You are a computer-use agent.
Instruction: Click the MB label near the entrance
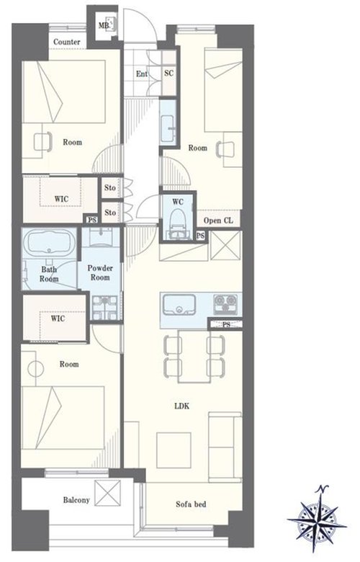click(104, 26)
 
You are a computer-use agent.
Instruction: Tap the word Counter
click(67, 42)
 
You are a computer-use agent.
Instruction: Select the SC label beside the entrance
click(168, 73)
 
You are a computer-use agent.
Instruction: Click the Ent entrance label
click(142, 73)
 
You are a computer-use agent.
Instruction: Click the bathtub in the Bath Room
click(49, 242)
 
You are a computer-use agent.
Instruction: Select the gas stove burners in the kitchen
click(225, 303)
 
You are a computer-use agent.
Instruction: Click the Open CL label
click(218, 220)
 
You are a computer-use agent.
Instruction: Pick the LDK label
click(181, 406)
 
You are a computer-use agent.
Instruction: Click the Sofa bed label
click(191, 504)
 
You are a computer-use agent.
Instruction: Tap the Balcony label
click(76, 499)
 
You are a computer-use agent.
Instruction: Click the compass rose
click(317, 518)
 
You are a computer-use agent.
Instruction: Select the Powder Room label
click(100, 273)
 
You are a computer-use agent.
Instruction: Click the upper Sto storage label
click(110, 187)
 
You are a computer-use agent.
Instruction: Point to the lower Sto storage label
click(110, 213)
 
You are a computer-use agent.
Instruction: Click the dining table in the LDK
click(194, 356)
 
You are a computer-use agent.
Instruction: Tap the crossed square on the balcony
click(107, 493)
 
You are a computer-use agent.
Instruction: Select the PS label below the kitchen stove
click(226, 325)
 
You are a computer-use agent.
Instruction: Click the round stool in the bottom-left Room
click(36, 369)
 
